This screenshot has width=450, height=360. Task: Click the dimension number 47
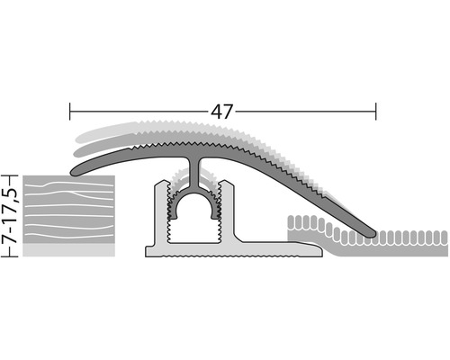point(223,112)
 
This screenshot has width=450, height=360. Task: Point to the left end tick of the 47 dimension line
point(70,112)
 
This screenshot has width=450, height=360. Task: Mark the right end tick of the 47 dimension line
point(376,112)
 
